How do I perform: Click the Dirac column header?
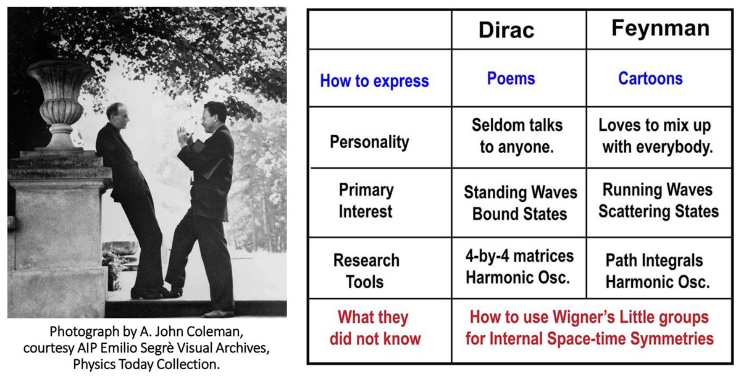pos(506,30)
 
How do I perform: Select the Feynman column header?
pos(660,28)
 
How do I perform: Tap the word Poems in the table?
pos(511,78)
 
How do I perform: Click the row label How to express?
pos(374,81)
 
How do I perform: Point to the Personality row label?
pos(369,142)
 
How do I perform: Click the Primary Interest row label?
pos(366,201)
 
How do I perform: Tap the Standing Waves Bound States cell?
pos(521,202)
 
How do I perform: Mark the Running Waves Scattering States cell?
pos(658,201)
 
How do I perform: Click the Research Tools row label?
pos(366,271)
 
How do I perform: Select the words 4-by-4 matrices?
pos(519,256)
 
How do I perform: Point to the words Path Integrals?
pos(654,260)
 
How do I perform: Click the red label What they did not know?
pos(375,328)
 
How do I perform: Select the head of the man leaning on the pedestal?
pos(118,117)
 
